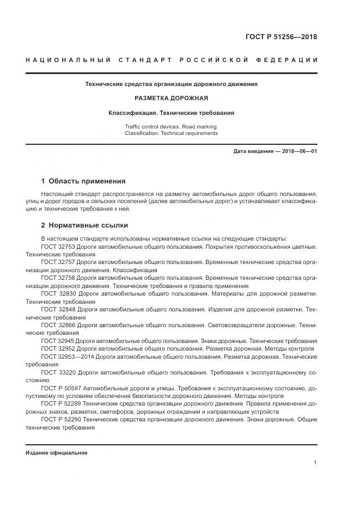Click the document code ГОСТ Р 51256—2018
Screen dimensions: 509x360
(281, 38)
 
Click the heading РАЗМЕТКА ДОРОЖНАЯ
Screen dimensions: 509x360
(171, 99)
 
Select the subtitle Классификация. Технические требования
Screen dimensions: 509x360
(171, 113)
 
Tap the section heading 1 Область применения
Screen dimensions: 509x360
(83, 181)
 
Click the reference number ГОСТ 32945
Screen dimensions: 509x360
(57, 340)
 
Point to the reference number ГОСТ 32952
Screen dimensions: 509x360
(57, 348)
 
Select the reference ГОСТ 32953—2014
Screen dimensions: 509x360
(68, 356)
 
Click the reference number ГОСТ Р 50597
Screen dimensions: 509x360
(61, 388)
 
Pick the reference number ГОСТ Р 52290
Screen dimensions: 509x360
(61, 420)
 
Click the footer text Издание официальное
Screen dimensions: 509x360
(57, 452)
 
